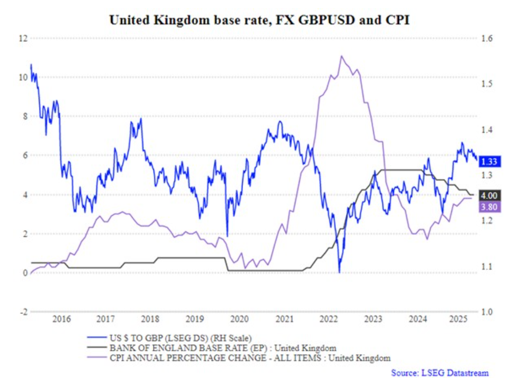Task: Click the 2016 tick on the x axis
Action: (61, 320)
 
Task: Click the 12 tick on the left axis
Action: (22, 38)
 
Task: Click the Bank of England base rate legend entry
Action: (222, 348)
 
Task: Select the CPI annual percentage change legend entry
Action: (249, 358)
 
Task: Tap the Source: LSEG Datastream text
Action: (440, 372)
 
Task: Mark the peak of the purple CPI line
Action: (341, 56)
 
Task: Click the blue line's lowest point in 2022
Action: (339, 273)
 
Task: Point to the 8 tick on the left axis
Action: (23, 116)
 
